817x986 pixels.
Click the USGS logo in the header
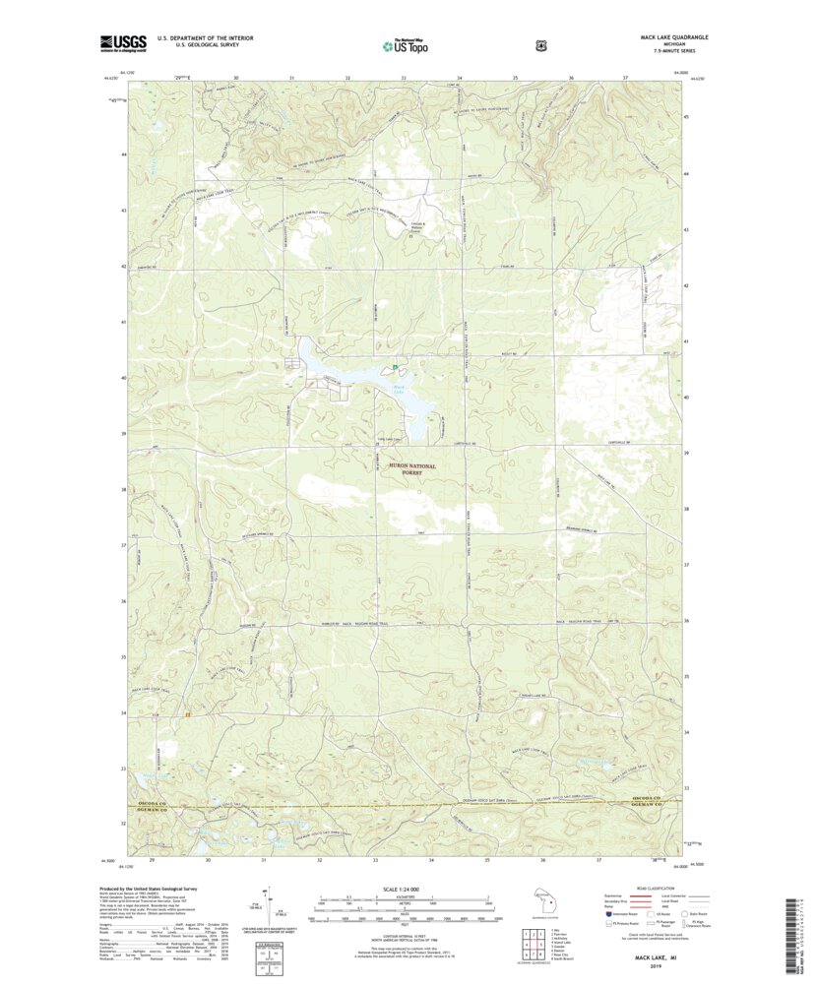coord(123,42)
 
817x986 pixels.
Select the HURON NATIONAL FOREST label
coord(404,467)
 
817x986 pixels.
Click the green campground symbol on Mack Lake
coord(395,367)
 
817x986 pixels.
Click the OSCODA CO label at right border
coord(656,799)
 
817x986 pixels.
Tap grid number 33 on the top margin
coord(404,77)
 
